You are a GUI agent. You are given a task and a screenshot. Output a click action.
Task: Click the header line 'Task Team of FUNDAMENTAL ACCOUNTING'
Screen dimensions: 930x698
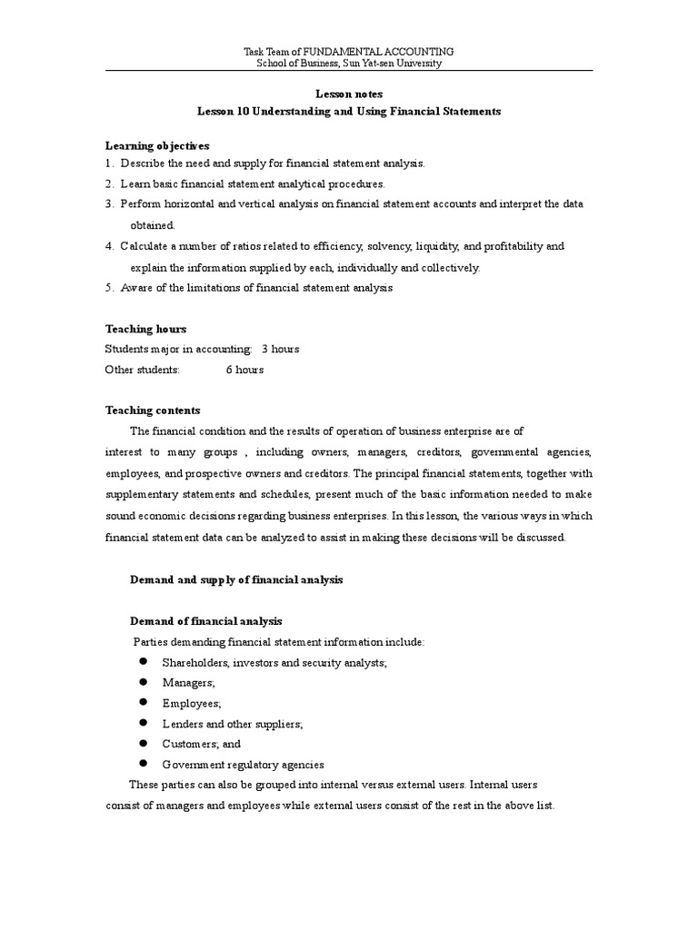point(349,52)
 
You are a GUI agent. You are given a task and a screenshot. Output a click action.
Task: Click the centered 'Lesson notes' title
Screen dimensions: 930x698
point(349,94)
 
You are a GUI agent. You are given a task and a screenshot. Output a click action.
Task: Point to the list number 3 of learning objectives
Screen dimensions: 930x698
point(109,204)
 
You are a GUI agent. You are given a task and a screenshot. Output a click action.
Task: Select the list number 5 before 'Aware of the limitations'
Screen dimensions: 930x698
point(109,288)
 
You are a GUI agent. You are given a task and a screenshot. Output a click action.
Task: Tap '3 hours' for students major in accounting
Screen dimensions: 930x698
point(280,349)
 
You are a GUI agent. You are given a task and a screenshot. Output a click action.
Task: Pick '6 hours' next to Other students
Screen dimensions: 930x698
point(245,370)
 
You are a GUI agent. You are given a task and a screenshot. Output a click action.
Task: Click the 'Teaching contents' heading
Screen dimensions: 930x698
point(153,411)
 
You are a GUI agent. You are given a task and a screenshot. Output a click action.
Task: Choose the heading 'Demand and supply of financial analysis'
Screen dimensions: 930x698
point(236,579)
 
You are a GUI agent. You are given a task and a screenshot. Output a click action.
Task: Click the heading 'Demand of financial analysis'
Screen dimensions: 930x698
point(206,621)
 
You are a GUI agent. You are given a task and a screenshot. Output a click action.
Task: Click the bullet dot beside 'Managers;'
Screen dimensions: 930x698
point(143,682)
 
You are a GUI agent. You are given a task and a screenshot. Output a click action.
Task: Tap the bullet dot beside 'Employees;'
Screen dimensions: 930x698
point(143,703)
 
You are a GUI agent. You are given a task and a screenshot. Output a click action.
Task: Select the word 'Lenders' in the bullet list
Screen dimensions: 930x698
point(182,724)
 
